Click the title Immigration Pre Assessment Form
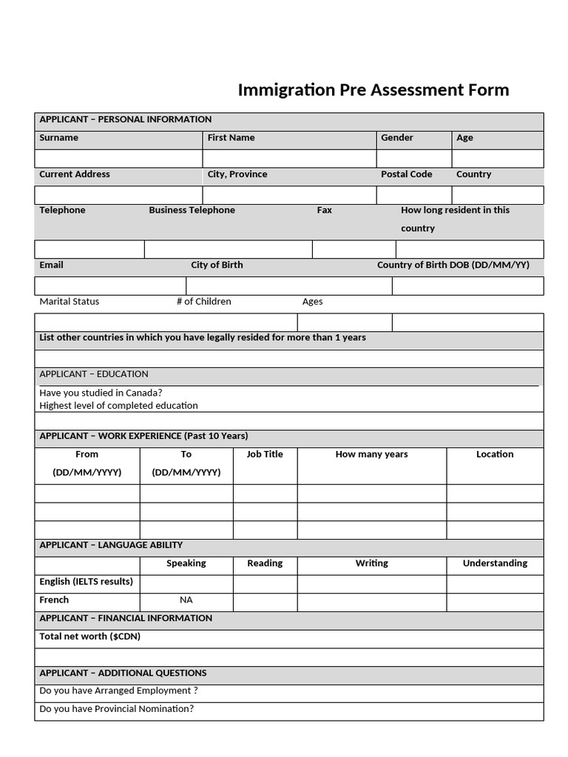(x=373, y=90)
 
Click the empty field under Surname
(x=118, y=159)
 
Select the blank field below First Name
(x=289, y=159)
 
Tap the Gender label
(x=397, y=138)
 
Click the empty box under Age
(x=497, y=159)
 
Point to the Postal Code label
(x=406, y=174)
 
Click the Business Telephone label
(x=192, y=210)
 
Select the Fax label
(x=324, y=210)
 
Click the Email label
(x=51, y=265)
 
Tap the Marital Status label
(x=69, y=302)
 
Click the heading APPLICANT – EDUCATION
(x=93, y=374)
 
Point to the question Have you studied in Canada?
(x=101, y=393)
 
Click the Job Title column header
(x=265, y=454)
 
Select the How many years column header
(x=371, y=454)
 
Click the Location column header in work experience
(x=495, y=454)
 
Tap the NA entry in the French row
(x=186, y=600)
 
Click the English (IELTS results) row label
(x=86, y=582)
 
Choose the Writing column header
(x=371, y=563)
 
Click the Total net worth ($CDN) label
(x=89, y=637)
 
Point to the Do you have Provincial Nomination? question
(x=116, y=709)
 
